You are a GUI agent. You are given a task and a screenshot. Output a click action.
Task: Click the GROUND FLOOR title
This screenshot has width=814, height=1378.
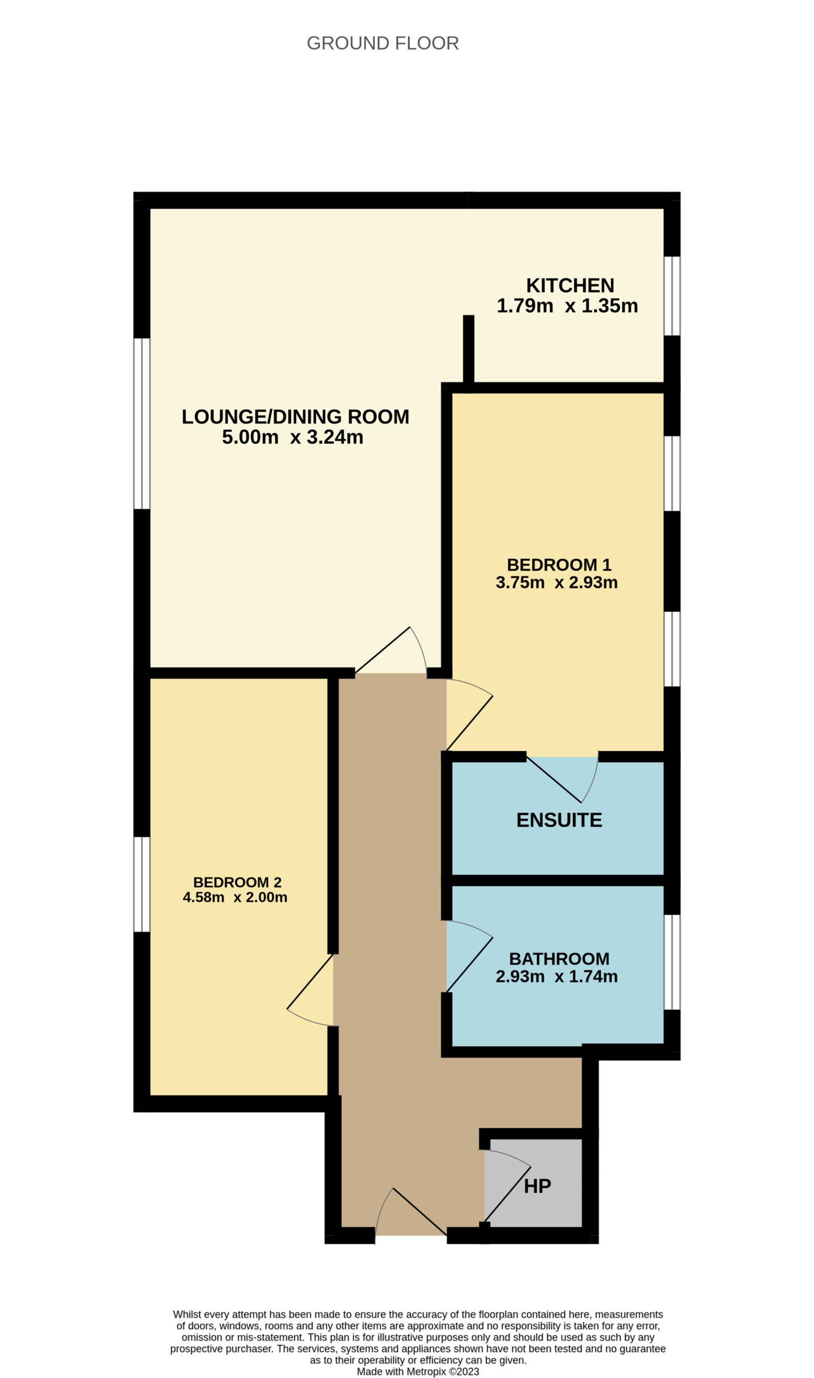[x=382, y=43]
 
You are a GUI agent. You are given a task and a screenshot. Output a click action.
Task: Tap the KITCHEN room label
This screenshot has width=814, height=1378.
[x=570, y=285]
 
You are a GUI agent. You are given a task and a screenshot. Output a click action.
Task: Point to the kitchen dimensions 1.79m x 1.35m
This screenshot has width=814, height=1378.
[x=567, y=306]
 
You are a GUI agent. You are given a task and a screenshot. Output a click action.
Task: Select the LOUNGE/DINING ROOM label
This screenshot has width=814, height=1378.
[x=295, y=417]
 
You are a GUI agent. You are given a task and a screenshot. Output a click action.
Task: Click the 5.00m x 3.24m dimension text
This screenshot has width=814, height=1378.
[x=292, y=438]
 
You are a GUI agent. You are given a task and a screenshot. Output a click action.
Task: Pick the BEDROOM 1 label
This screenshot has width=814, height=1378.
[x=559, y=564]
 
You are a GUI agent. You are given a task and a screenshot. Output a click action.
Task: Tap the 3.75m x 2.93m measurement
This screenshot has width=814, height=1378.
[x=557, y=582]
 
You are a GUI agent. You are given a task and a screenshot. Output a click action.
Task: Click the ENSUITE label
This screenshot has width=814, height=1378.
[x=559, y=820]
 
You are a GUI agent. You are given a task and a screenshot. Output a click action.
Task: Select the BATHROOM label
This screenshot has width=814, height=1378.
[x=559, y=959]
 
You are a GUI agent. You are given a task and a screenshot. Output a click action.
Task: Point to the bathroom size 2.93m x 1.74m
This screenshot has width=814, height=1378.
[x=557, y=976]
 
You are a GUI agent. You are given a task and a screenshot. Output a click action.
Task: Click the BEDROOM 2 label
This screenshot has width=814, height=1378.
[x=237, y=882]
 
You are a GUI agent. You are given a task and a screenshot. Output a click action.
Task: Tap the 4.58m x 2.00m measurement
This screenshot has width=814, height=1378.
[x=235, y=897]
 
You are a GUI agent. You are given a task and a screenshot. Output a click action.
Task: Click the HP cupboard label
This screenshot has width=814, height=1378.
[x=537, y=1186]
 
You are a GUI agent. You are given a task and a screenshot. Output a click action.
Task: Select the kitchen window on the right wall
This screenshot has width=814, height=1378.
[x=672, y=296]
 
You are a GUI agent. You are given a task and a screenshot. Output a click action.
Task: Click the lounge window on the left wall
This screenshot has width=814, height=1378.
[x=142, y=423]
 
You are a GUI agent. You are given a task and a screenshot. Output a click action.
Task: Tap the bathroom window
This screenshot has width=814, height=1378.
[x=672, y=962]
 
